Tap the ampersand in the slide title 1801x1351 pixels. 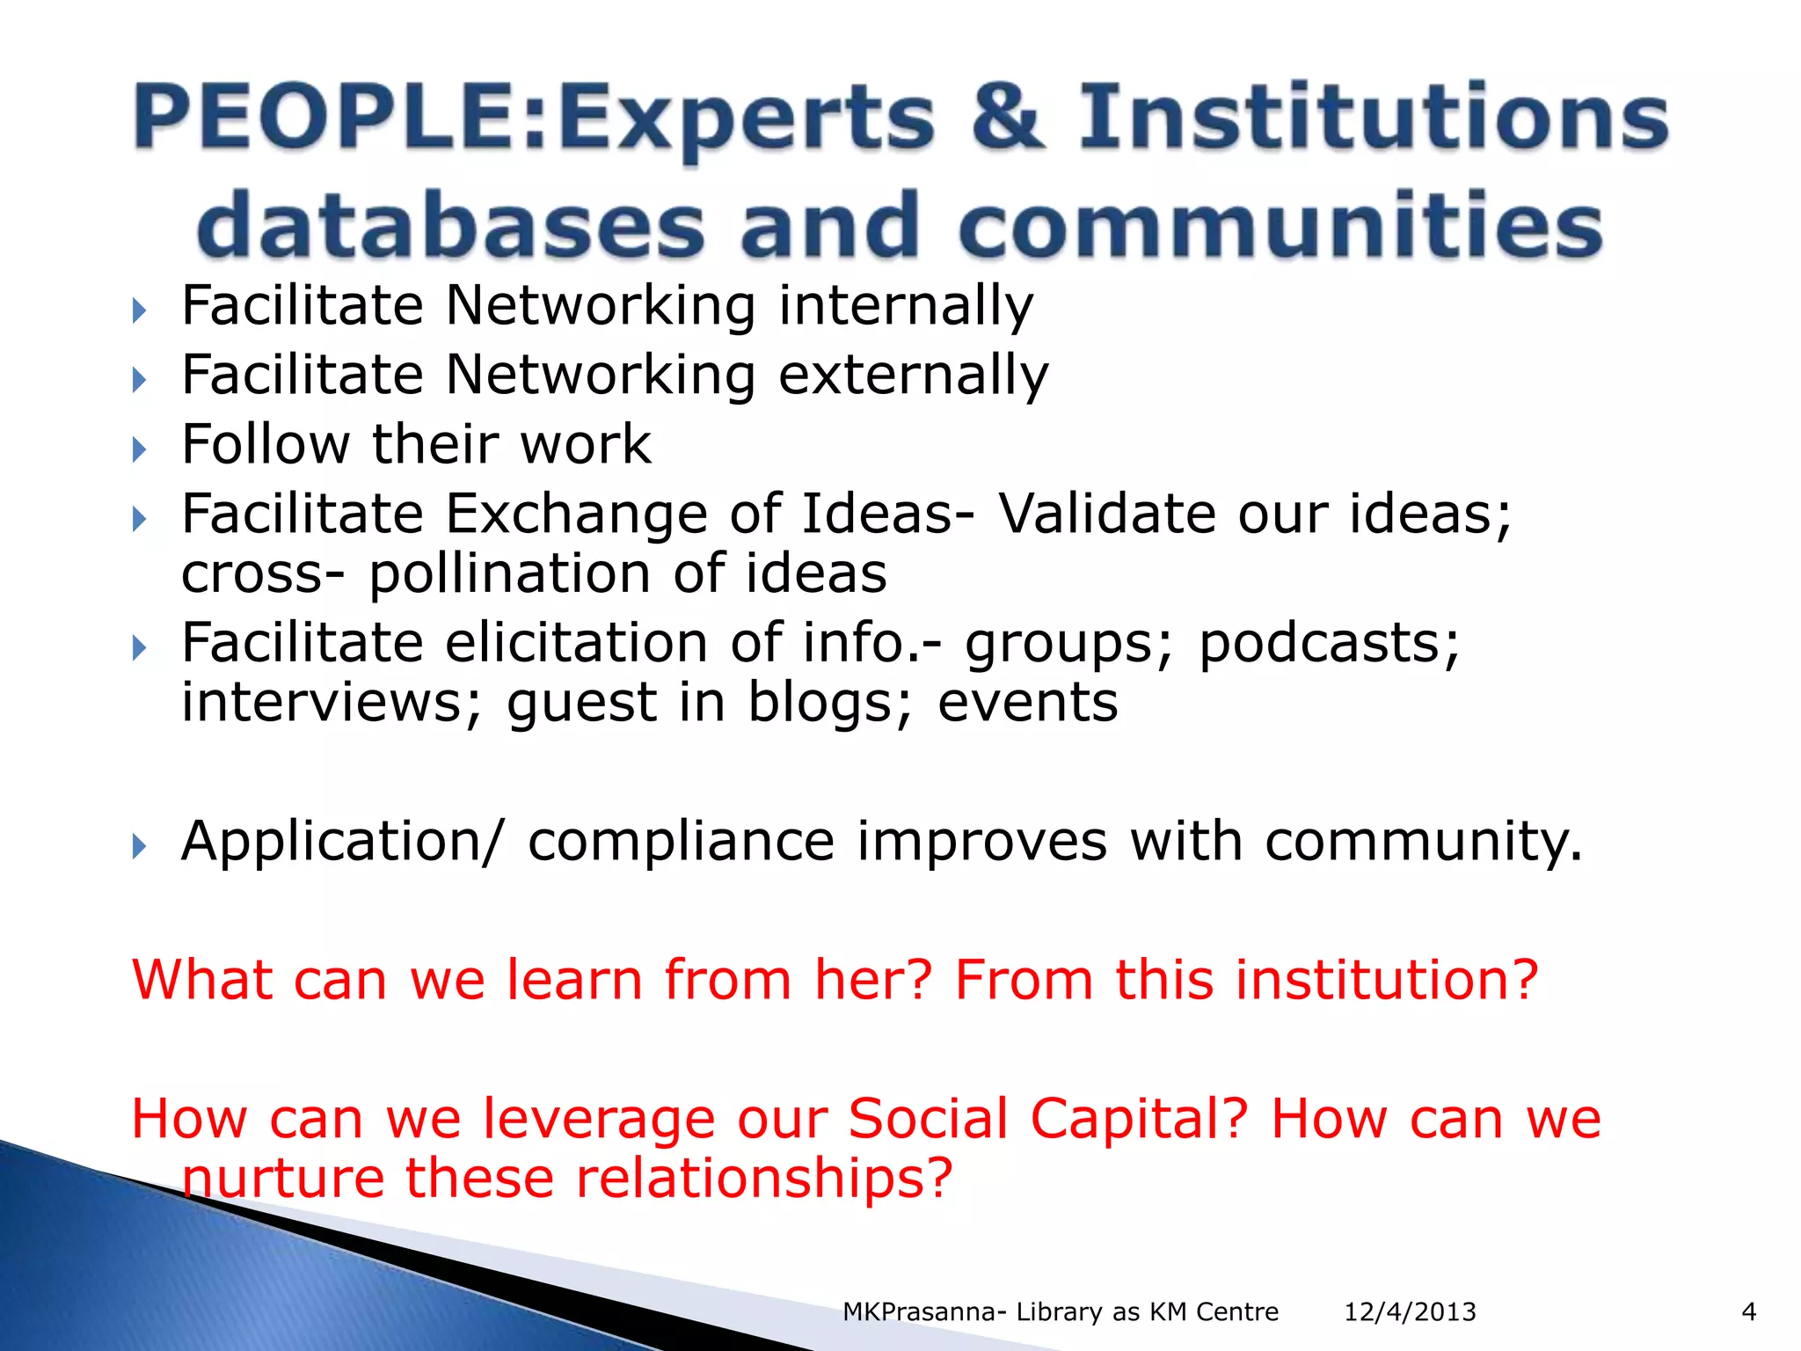click(1009, 117)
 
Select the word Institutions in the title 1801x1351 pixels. click(1373, 117)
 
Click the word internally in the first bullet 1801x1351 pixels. click(906, 306)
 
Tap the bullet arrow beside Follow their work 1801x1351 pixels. click(139, 449)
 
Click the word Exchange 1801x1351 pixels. click(576, 514)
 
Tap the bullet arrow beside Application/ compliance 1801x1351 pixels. click(139, 847)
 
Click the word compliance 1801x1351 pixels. click(681, 842)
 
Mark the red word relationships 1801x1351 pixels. click(763, 1179)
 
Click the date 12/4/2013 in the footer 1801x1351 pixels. click(1410, 1312)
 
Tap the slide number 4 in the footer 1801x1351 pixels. click(1748, 1312)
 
